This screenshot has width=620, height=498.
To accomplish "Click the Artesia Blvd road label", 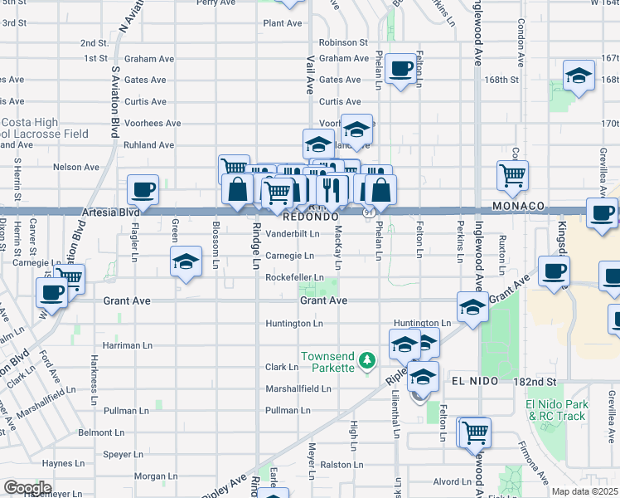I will pyautogui.click(x=111, y=212).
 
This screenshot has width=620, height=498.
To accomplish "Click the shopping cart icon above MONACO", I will pyautogui.click(x=513, y=174).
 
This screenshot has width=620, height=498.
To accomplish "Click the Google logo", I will pyautogui.click(x=27, y=487).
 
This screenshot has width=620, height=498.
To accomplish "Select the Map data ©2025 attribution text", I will pyautogui.click(x=585, y=491).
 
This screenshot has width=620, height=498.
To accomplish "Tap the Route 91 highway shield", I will pyautogui.click(x=367, y=213).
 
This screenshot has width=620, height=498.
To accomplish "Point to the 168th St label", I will pyautogui.click(x=501, y=80).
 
